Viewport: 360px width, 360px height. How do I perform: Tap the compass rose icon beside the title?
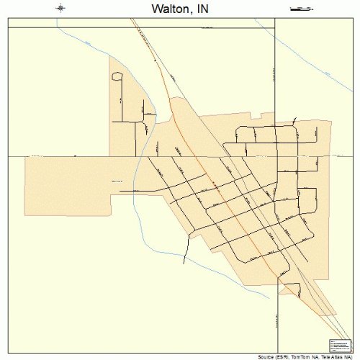[61, 8]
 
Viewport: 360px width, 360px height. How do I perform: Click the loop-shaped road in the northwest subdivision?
[117, 76]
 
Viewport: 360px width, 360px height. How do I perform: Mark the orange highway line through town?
[216, 194]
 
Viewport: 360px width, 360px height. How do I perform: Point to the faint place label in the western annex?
[117, 181]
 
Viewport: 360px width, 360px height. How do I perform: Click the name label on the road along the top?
[208, 27]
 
